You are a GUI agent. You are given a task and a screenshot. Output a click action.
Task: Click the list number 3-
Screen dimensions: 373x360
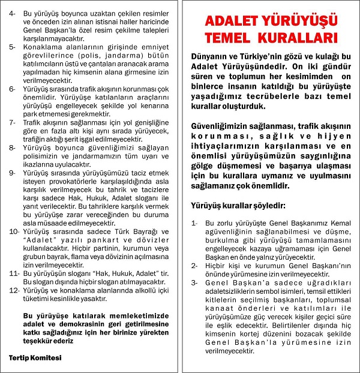[194, 282]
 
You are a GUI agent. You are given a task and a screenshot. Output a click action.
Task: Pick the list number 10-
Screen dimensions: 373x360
[14, 231]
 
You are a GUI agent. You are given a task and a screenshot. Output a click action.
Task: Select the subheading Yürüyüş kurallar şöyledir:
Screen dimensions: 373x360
[238, 206]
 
